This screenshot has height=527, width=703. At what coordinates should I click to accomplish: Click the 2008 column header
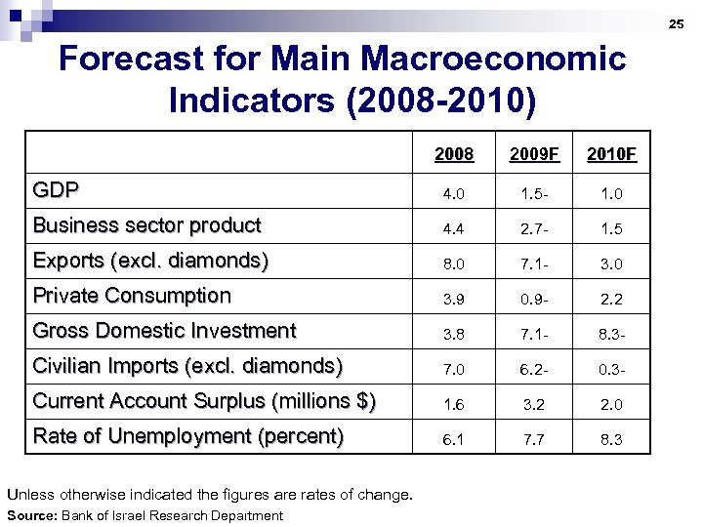pos(453,154)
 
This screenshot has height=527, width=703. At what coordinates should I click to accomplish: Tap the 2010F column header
pos(611,154)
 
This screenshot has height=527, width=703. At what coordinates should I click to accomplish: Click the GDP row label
pos(57,189)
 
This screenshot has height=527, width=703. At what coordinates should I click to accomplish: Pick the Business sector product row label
pos(147,224)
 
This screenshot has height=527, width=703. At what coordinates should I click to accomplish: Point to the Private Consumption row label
pos(132,295)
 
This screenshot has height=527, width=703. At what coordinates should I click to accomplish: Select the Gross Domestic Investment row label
pos(164,330)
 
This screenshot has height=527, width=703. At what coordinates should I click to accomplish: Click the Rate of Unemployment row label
pos(188,435)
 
